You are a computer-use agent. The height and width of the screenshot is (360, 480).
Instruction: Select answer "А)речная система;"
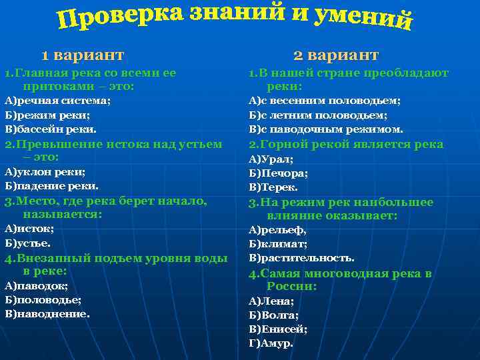pyautogui.click(x=58, y=101)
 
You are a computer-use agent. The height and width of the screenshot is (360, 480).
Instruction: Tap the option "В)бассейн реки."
pyautogui.click(x=51, y=129)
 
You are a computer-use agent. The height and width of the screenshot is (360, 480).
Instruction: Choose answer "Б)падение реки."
pyautogui.click(x=51, y=185)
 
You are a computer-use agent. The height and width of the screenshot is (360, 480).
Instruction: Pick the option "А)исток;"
pyautogui.click(x=29, y=228)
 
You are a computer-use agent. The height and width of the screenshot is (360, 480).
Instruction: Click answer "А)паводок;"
pyautogui.click(x=37, y=285)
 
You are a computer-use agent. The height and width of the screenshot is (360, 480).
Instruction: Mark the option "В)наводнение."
pyautogui.click(x=47, y=313)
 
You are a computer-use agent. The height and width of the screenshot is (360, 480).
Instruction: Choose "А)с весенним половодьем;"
pyautogui.click(x=325, y=101)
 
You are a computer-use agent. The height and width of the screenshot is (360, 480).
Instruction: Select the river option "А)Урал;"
pyautogui.click(x=271, y=159)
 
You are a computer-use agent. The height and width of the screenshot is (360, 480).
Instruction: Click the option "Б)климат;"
pyautogui.click(x=278, y=244)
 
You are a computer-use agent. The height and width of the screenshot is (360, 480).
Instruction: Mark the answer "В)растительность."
pyautogui.click(x=302, y=258)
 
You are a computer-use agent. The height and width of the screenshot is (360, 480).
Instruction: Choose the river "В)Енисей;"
pyautogui.click(x=278, y=329)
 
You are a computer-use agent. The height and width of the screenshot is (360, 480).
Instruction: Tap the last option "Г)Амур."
pyautogui.click(x=271, y=343)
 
